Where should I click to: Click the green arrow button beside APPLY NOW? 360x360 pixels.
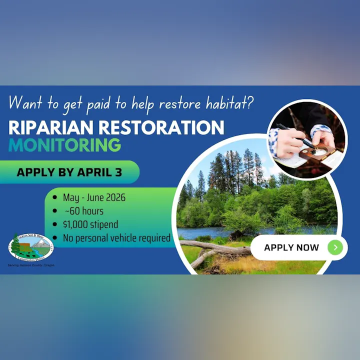coord(335,247)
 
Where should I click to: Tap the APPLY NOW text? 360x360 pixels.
coord(291,247)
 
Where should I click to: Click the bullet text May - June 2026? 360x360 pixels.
coord(94,197)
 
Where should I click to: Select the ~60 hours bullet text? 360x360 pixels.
coord(84,210)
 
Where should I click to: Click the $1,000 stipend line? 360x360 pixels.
coord(90,224)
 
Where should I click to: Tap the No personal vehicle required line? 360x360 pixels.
coord(116,237)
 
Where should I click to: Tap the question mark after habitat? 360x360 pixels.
coord(250,103)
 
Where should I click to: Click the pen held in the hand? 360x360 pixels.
coord(295,135)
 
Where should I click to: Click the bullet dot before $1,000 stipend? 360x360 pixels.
coord(54,224)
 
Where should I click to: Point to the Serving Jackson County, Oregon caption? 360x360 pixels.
coord(31,265)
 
